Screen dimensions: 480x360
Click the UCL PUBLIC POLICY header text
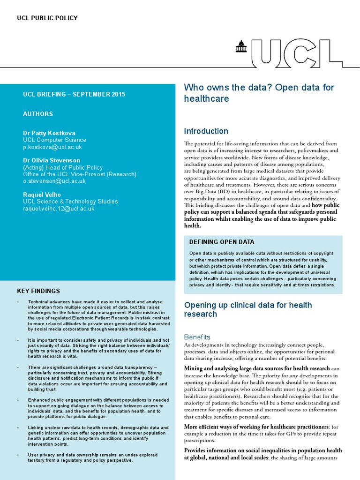47,18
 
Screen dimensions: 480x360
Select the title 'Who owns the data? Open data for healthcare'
258,93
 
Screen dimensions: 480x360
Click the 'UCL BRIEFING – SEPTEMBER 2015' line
74,94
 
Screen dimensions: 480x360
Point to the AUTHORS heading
38,114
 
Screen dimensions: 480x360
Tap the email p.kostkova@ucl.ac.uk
52,147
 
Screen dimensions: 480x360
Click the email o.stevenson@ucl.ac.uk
54,180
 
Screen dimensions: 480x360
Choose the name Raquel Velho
42,195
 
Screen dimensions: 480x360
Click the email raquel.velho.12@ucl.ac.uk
59,208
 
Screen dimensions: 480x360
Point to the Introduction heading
206,131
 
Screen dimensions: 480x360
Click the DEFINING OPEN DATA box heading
222,242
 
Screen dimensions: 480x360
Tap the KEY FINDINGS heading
38,291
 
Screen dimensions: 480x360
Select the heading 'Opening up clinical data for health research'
248,309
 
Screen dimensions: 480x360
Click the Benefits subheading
197,337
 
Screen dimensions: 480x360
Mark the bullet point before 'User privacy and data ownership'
18,455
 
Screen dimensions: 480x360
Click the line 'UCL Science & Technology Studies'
70,202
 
